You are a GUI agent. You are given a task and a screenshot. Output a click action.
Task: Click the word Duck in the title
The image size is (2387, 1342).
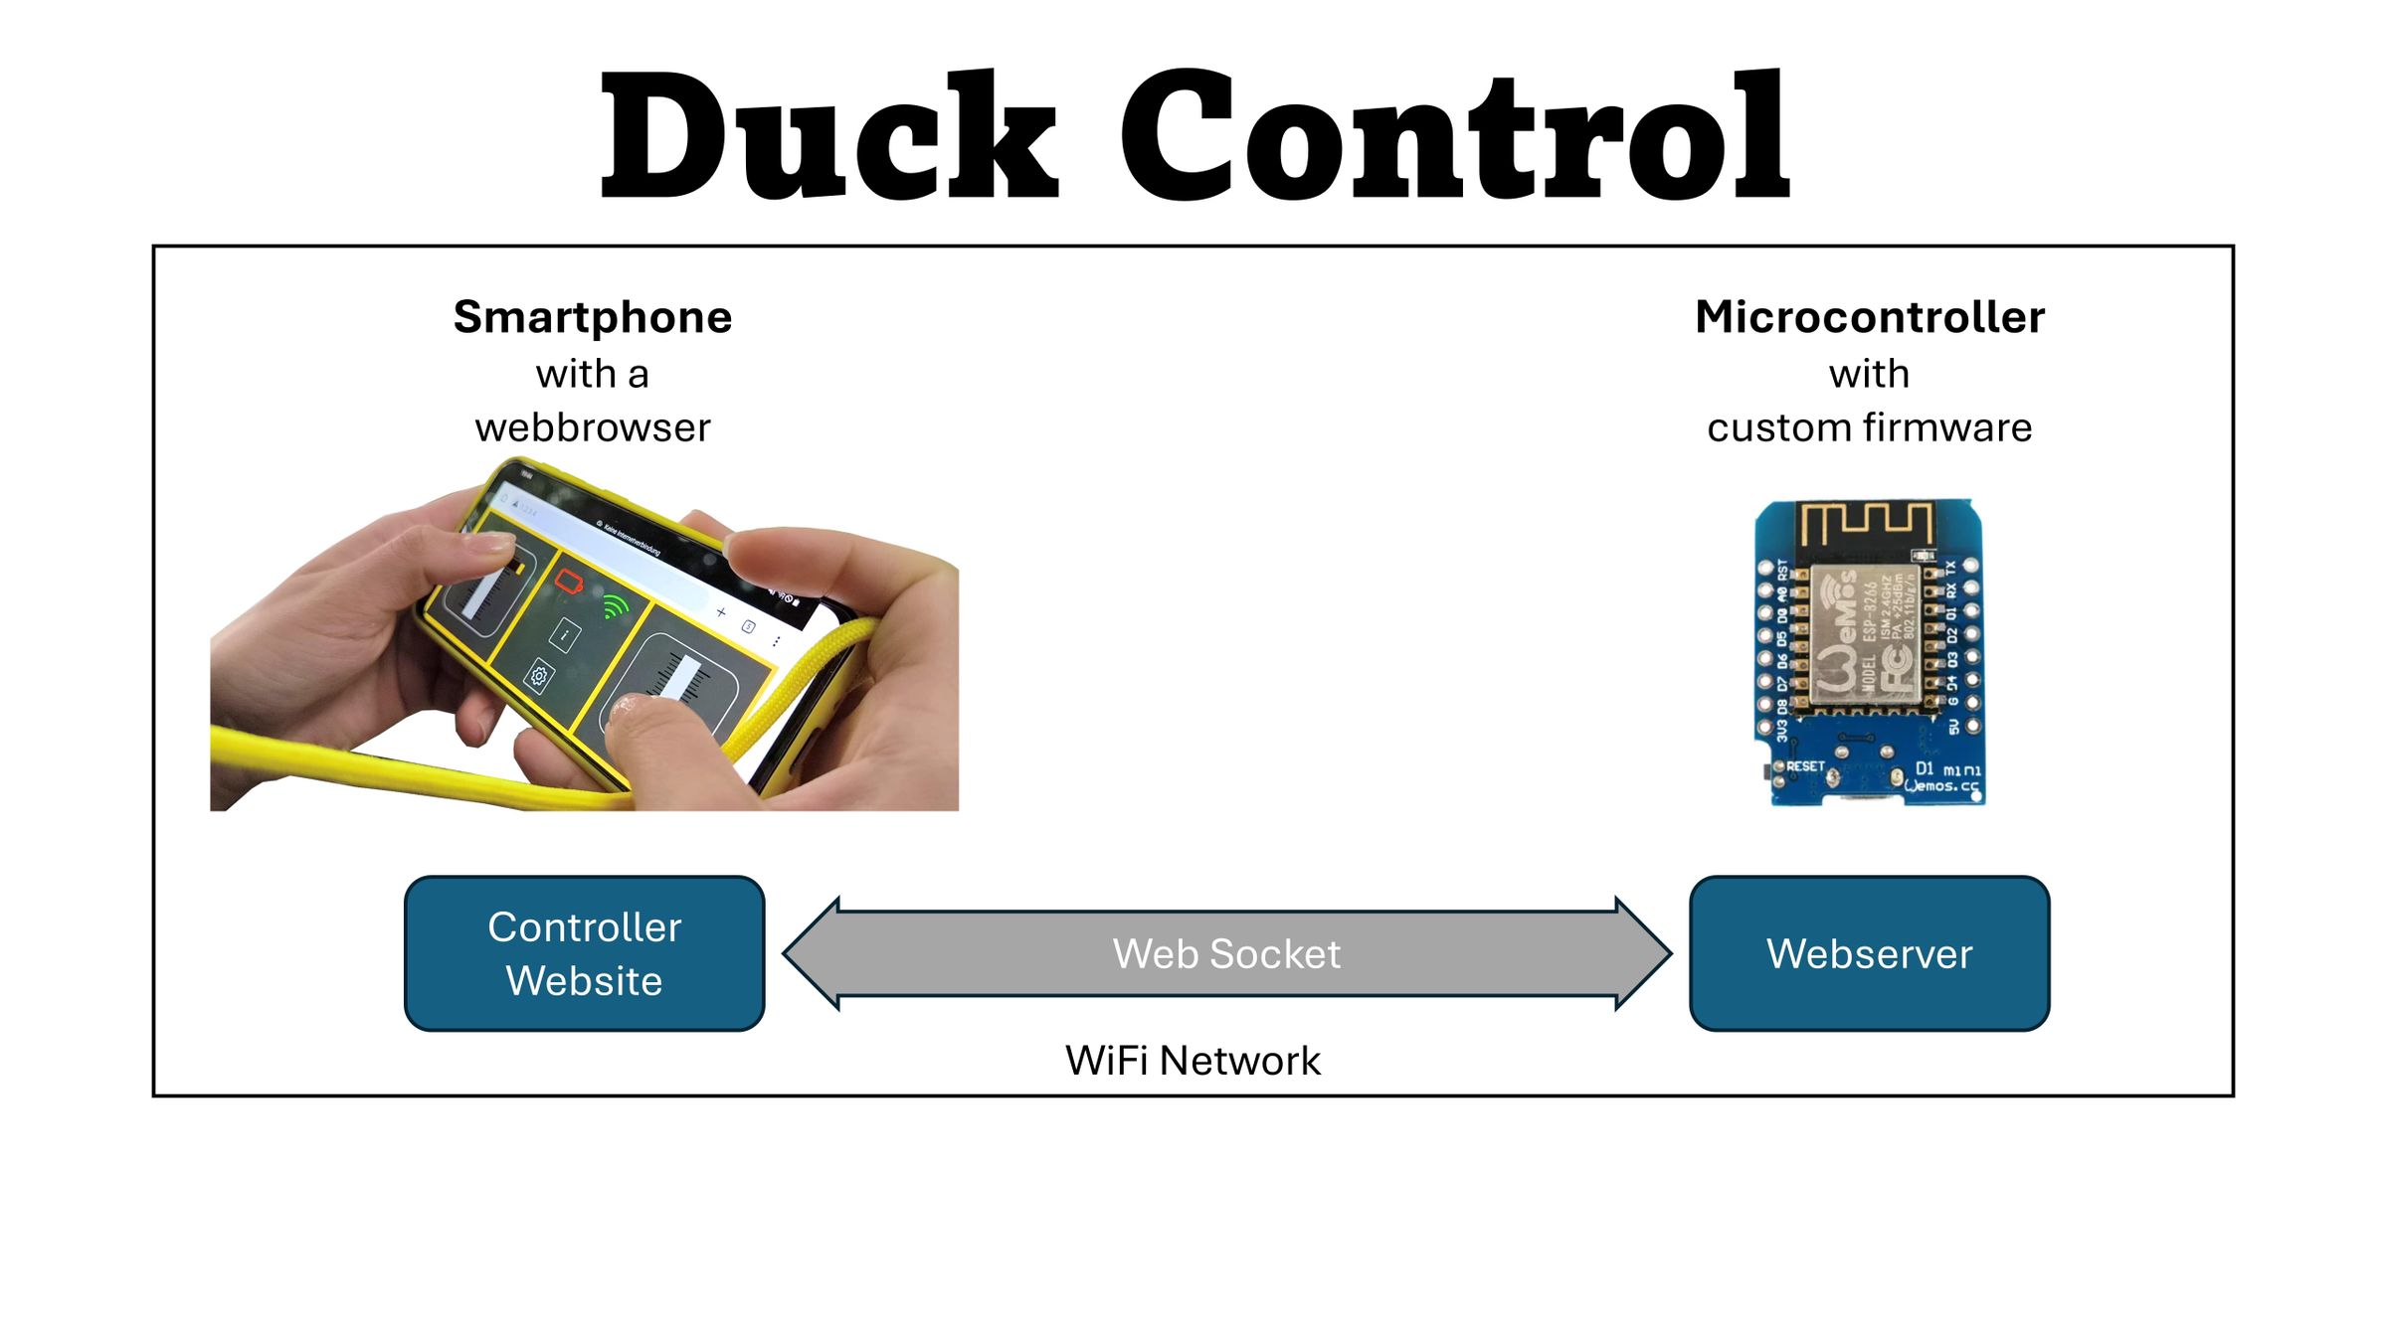(x=830, y=137)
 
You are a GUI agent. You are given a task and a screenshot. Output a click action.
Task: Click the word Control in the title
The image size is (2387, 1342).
(x=1454, y=137)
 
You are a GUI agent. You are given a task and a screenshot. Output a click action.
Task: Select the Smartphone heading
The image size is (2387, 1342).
(x=593, y=317)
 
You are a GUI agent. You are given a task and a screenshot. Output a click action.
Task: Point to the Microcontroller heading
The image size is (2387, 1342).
(x=1870, y=317)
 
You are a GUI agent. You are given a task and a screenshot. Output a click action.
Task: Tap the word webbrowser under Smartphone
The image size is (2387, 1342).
(x=593, y=428)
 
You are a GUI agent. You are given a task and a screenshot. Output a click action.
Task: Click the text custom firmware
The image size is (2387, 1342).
(x=1870, y=428)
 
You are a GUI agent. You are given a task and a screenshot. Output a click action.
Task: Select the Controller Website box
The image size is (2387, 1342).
(x=585, y=953)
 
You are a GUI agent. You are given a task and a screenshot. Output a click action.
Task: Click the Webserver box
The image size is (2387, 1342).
(x=1870, y=953)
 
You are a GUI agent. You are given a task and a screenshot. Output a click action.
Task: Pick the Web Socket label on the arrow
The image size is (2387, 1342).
(x=1226, y=954)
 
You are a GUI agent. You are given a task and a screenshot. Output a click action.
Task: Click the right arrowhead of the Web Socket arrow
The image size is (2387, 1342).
(x=1643, y=953)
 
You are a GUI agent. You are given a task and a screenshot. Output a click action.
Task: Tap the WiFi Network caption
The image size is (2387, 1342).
(x=1193, y=1061)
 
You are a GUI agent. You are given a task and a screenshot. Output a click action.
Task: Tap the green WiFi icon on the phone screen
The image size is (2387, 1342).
(x=616, y=605)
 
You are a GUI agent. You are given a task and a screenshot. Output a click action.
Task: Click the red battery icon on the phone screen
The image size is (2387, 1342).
(x=570, y=582)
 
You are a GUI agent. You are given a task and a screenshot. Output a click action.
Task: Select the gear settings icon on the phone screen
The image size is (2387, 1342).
(x=538, y=677)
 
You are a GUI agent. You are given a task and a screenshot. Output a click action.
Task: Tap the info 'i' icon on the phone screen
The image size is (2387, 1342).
(x=565, y=634)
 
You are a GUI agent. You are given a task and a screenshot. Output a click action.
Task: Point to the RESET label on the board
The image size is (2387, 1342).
(x=1805, y=766)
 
